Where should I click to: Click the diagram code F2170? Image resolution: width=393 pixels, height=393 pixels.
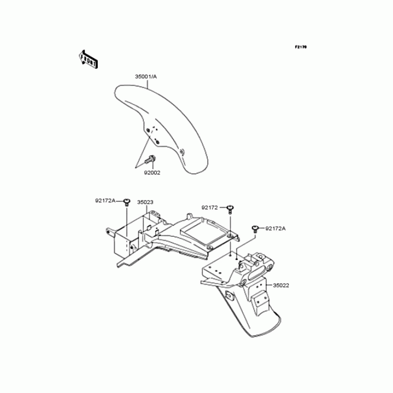tap(300, 47)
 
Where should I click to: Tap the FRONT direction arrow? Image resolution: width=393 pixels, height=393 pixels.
tap(88, 58)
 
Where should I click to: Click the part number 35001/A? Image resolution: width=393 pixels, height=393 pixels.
tap(146, 77)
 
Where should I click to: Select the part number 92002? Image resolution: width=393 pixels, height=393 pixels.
tap(152, 172)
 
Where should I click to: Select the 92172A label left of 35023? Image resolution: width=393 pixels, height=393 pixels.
tap(105, 200)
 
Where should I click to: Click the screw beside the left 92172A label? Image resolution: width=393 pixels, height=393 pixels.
tap(127, 200)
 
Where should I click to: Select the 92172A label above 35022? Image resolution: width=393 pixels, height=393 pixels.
tap(276, 228)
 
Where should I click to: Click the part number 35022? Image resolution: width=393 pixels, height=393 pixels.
tap(281, 285)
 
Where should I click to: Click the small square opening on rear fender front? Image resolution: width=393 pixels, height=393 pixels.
tap(230, 295)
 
